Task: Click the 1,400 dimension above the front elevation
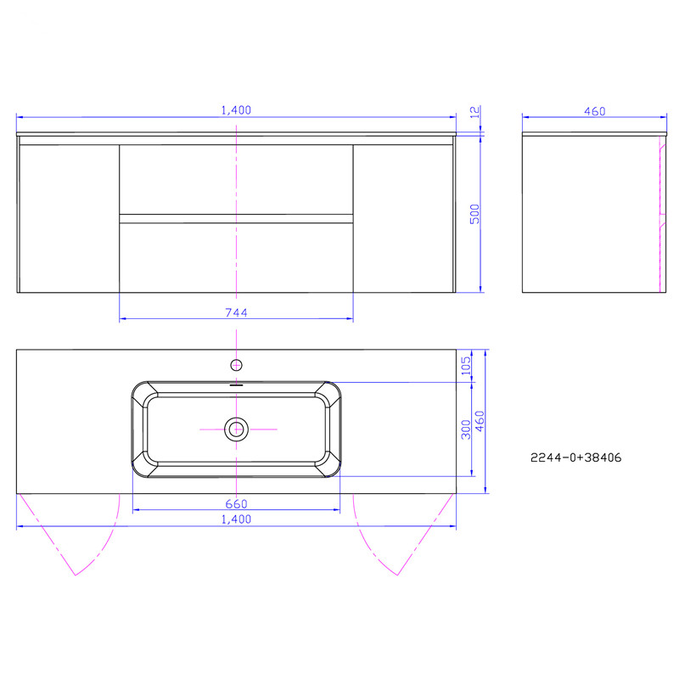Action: coord(237,109)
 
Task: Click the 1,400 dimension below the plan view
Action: coord(237,519)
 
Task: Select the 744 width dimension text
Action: coord(237,312)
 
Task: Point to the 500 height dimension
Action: coord(476,214)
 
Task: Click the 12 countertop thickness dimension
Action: coord(476,110)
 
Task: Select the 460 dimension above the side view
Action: coord(594,109)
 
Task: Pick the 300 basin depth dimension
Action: coord(465,429)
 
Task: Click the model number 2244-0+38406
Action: coord(576,457)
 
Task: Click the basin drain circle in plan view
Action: coord(236,429)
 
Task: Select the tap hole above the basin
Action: coord(236,366)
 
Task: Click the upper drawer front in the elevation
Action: coord(236,178)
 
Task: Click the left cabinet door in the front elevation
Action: coord(68,218)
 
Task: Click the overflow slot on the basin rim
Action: coord(236,384)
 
